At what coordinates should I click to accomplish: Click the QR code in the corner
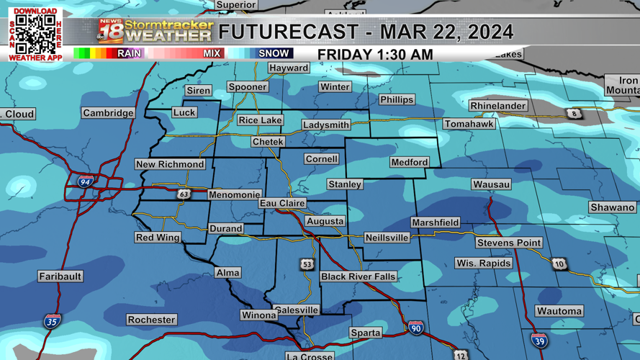35,34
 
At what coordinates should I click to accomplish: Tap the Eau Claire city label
282,204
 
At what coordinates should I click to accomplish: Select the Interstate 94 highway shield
86,182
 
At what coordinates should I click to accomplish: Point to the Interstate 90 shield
415,328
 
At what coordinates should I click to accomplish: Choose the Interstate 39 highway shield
538,341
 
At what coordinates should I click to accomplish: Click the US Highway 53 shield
307,264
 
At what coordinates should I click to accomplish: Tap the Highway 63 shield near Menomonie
184,194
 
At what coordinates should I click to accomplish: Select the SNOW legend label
274,53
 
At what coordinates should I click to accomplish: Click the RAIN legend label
129,53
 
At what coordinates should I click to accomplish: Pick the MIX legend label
212,53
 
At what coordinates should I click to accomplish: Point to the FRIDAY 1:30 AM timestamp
375,55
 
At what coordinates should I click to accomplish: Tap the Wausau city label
492,184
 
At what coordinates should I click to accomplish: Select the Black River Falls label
358,276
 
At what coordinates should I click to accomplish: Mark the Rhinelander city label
498,106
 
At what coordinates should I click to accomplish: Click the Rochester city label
151,320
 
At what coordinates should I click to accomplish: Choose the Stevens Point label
509,243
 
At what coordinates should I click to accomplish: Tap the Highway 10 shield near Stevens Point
559,264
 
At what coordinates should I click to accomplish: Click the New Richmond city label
171,164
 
